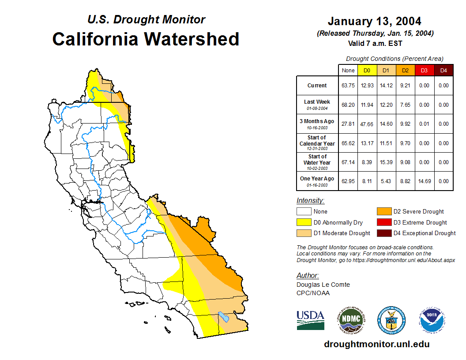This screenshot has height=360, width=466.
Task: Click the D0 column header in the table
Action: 367,70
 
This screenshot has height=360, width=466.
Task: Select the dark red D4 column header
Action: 443,70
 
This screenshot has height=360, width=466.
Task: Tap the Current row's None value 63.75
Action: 348,86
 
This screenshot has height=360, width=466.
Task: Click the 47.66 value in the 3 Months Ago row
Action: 367,124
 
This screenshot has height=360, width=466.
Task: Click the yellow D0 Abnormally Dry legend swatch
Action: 304,222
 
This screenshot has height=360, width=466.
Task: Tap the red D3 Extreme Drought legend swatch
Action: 383,222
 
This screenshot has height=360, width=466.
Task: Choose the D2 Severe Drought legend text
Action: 418,212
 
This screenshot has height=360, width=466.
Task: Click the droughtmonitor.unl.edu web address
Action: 376,344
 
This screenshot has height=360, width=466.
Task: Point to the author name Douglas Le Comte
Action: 323,285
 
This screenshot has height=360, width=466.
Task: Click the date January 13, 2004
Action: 374,21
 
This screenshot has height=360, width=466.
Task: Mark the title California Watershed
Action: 146,39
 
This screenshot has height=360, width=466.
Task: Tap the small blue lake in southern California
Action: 223,317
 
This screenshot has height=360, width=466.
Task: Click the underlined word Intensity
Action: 310,201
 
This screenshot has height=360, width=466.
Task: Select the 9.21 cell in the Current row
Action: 405,86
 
